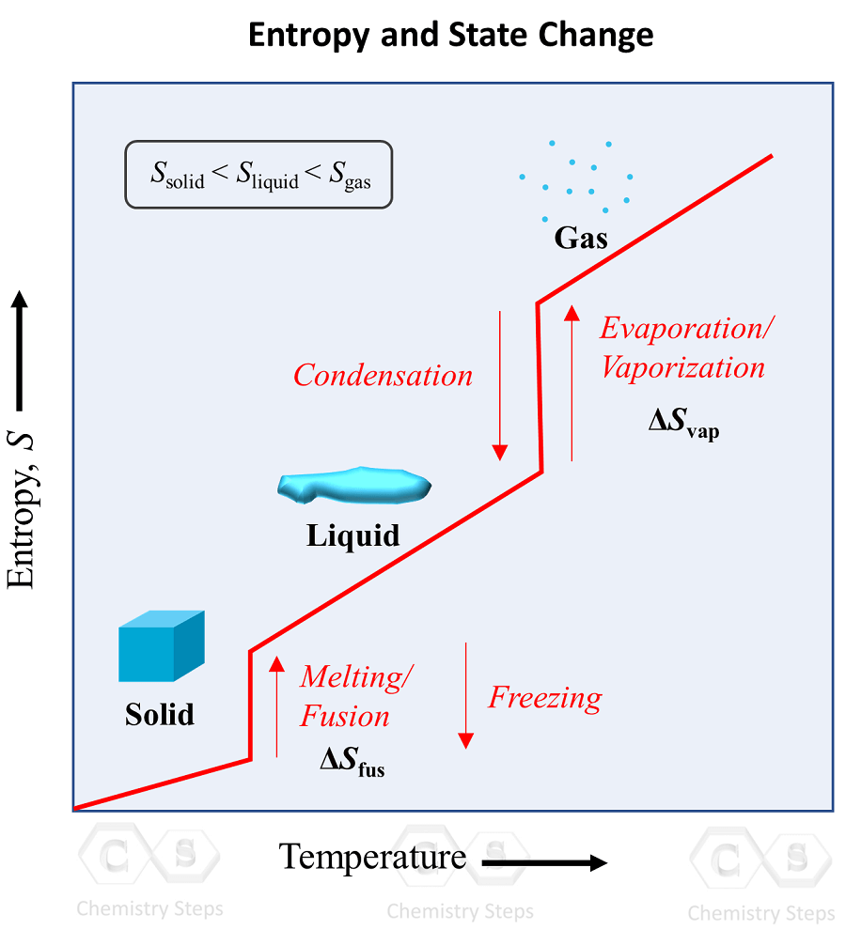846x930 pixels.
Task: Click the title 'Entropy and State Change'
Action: tap(450, 36)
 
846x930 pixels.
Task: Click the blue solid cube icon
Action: tap(161, 645)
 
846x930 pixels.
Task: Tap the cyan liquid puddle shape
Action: tap(355, 483)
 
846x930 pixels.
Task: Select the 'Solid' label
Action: tap(160, 715)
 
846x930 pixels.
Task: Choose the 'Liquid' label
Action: tap(353, 535)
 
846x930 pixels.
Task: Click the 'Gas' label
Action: tap(581, 238)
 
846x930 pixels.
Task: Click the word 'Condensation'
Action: tap(383, 376)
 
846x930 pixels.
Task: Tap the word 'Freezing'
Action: tap(545, 698)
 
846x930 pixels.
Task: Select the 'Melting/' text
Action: tap(357, 676)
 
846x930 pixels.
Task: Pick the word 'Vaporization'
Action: tap(682, 367)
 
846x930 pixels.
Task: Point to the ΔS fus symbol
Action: tap(352, 762)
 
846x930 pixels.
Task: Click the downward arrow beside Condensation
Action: tap(500, 385)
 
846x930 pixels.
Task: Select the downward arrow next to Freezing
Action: tap(465, 695)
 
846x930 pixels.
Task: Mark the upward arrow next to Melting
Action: tap(276, 705)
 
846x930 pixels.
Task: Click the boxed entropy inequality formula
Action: tap(258, 174)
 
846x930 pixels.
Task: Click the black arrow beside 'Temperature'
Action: tap(545, 861)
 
